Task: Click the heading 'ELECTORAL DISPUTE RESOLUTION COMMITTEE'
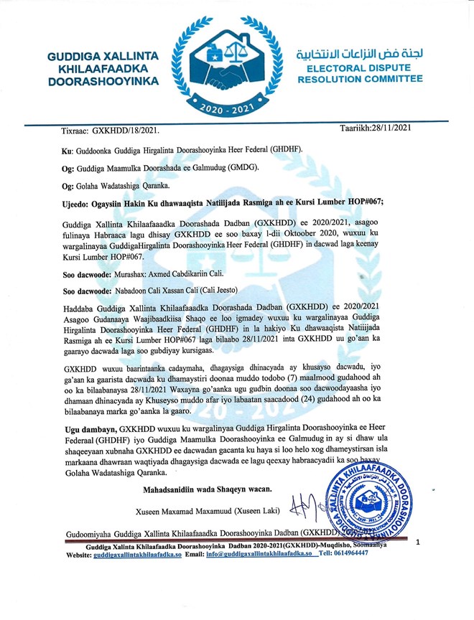tap(361, 72)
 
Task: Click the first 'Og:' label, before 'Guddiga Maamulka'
tap(70, 166)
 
